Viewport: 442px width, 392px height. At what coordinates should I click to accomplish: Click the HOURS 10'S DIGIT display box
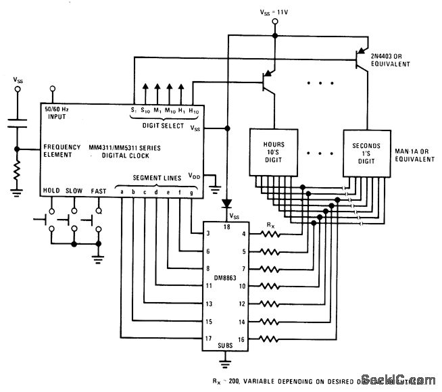tap(274, 153)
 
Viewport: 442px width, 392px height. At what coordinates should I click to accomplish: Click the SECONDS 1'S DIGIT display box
tap(365, 153)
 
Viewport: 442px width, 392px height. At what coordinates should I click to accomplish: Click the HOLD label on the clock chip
tap(51, 191)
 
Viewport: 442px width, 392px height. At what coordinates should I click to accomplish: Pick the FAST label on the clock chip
tap(98, 191)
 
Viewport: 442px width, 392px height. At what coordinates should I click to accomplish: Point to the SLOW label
tap(75, 191)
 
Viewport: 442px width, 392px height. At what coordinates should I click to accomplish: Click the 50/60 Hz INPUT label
tap(59, 112)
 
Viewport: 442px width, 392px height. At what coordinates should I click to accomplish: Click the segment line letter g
tap(191, 191)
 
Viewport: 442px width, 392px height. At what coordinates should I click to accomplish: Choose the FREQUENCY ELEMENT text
tap(62, 151)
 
